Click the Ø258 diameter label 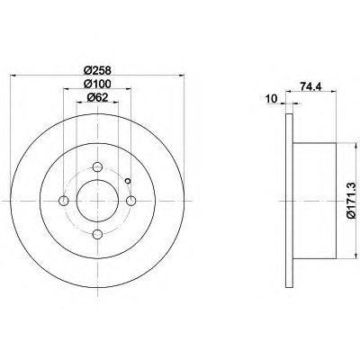[97, 70]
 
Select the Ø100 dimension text [97, 84]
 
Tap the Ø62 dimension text [97, 97]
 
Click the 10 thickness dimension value [271, 98]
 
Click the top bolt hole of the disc [97, 166]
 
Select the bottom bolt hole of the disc [97, 234]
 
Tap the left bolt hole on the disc [64, 201]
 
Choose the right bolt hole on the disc [130, 201]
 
